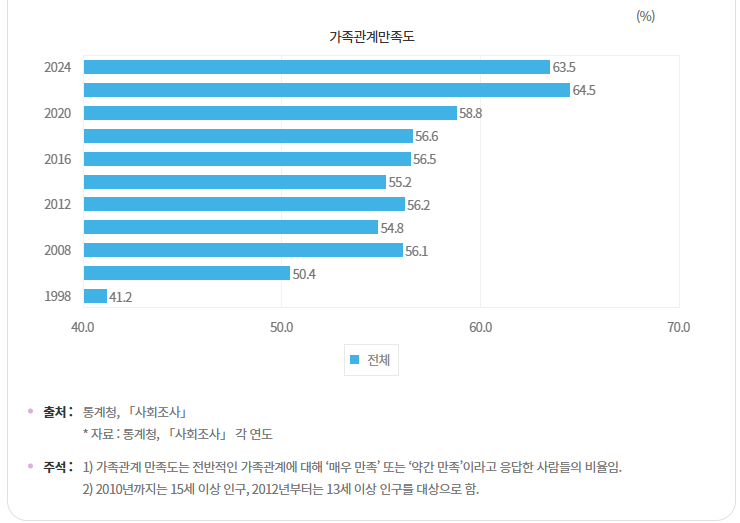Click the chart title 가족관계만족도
pyautogui.click(x=371, y=37)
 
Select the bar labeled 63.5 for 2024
pyautogui.click(x=316, y=67)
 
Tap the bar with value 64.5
pyautogui.click(x=326, y=90)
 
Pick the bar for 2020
pyautogui.click(x=270, y=113)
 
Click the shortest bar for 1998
pyautogui.click(x=95, y=296)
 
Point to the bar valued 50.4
pyautogui.click(x=187, y=273)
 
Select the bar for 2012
pyautogui.click(x=244, y=204)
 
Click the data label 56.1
pyautogui.click(x=417, y=251)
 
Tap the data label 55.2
pyautogui.click(x=400, y=182)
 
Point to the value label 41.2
pyautogui.click(x=121, y=297)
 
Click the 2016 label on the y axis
pyautogui.click(x=57, y=159)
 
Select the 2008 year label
pyautogui.click(x=57, y=250)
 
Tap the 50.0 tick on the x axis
pyautogui.click(x=281, y=327)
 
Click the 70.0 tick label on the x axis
pyautogui.click(x=678, y=327)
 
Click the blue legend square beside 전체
pyautogui.click(x=354, y=360)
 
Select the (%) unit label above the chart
pyautogui.click(x=645, y=15)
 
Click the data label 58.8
pyautogui.click(x=471, y=114)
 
